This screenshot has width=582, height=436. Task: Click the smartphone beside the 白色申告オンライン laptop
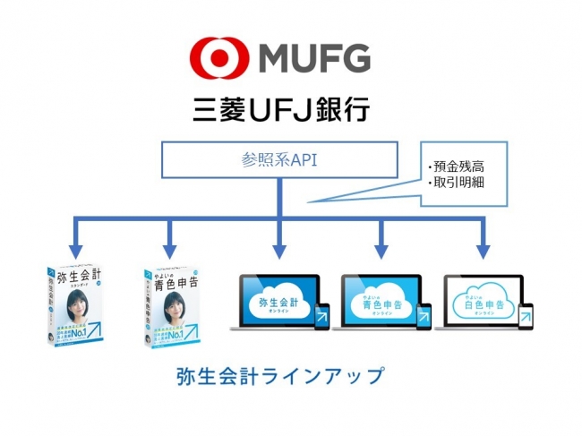coord(526,316)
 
